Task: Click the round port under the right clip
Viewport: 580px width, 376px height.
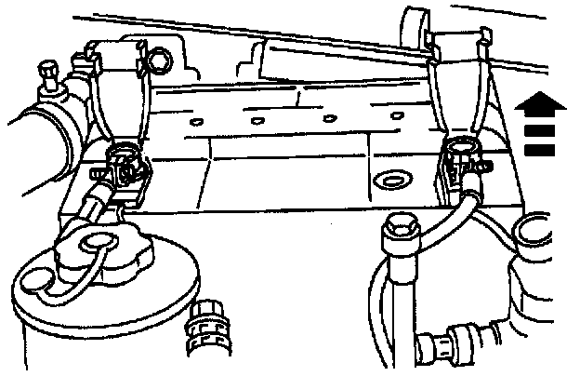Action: point(459,146)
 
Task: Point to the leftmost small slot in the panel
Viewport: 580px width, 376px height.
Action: point(194,121)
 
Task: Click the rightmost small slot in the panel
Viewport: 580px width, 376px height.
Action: point(397,115)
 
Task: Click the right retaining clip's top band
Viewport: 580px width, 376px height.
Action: point(459,43)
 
